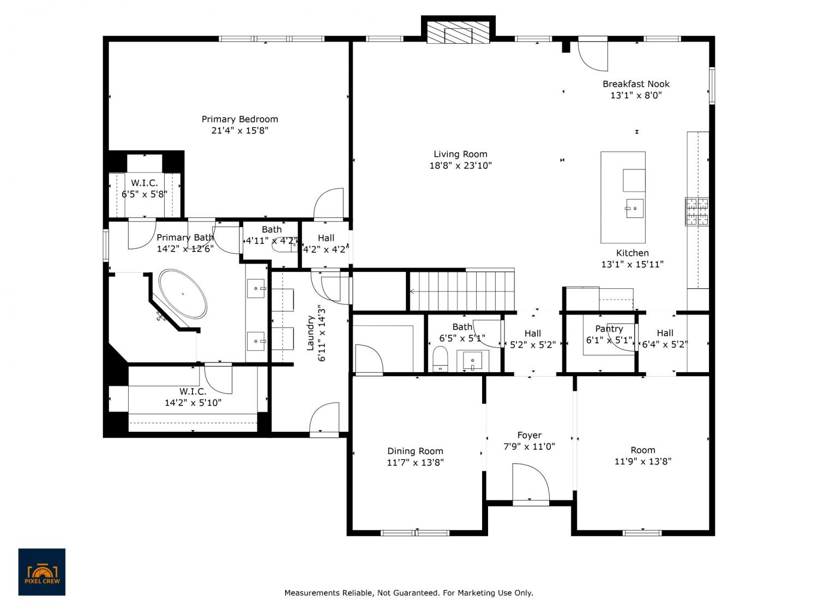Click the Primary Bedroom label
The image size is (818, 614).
tap(239, 120)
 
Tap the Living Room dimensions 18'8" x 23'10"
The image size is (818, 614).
tap(460, 165)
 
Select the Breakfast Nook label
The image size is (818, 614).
tap(636, 84)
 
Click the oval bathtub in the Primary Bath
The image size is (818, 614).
tap(183, 294)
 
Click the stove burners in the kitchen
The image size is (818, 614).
tap(697, 211)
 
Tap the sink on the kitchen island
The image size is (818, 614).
tap(634, 208)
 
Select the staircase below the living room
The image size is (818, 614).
tap(462, 291)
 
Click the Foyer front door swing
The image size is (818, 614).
tap(530, 483)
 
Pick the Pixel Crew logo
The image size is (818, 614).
tap(42, 571)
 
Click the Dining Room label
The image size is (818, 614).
tap(415, 451)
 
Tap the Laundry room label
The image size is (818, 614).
tap(310, 333)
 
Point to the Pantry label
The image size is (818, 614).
tap(609, 329)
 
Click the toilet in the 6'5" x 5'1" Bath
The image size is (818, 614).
tap(440, 359)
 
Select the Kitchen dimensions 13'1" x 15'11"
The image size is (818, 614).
tap(632, 264)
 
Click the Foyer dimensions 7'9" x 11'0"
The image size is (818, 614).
tap(529, 446)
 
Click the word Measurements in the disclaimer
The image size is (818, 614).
tap(312, 593)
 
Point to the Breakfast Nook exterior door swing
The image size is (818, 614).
tap(593, 56)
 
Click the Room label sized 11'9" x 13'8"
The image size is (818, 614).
tap(643, 450)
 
